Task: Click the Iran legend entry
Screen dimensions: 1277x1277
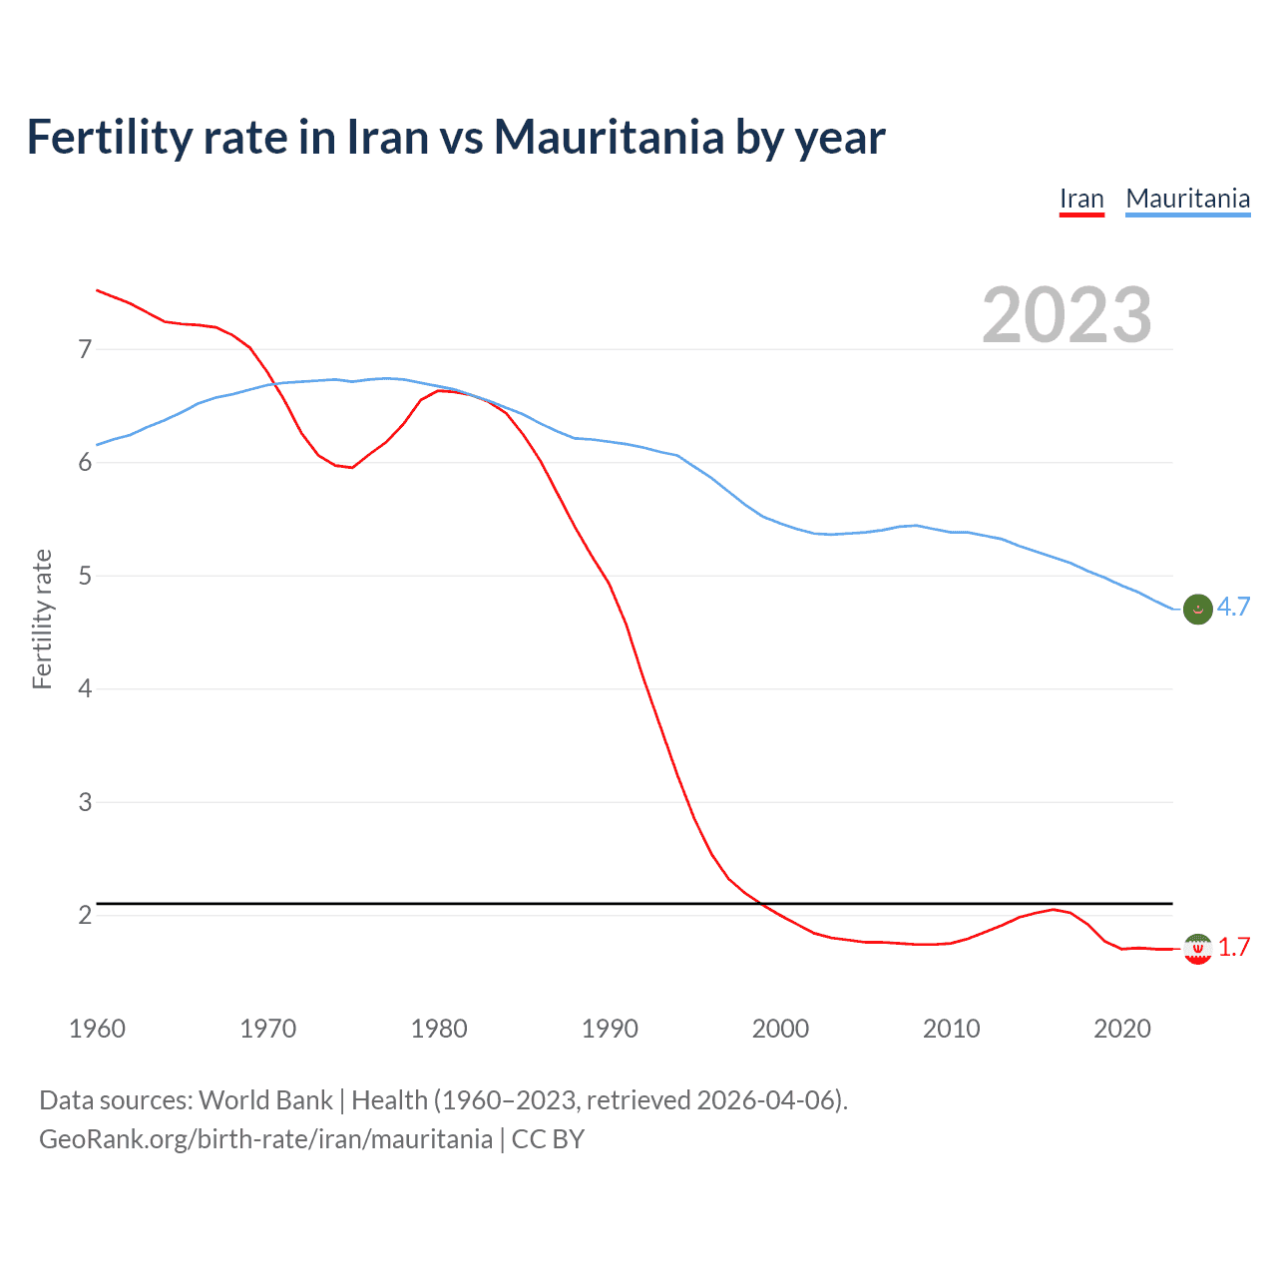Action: tap(1081, 199)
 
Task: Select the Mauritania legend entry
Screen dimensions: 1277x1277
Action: tap(1187, 199)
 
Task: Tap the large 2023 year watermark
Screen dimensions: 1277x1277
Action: tap(1066, 315)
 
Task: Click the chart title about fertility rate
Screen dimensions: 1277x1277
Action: tap(455, 137)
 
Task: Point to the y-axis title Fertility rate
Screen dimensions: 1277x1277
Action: tap(42, 619)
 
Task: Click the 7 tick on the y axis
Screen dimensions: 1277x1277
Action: tap(85, 349)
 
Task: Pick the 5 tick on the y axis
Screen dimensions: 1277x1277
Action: tap(85, 576)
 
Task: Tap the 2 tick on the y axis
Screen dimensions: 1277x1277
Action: tap(85, 915)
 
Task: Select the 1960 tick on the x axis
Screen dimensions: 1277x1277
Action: tap(97, 1029)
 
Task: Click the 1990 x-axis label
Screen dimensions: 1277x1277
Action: tap(610, 1029)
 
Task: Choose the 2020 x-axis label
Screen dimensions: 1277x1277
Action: tap(1122, 1029)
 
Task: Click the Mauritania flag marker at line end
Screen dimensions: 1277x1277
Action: tap(1197, 609)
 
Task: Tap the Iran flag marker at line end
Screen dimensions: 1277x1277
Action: tap(1197, 949)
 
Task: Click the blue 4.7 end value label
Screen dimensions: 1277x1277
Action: tap(1233, 608)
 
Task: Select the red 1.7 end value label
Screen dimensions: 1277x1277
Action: tap(1233, 948)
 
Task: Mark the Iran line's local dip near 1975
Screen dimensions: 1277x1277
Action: tap(352, 467)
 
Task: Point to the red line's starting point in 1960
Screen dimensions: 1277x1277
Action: tap(97, 290)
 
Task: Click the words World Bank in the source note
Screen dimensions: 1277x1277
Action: tap(265, 1100)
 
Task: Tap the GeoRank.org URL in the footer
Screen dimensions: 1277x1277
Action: tap(265, 1139)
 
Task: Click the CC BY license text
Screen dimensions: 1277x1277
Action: tap(548, 1139)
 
